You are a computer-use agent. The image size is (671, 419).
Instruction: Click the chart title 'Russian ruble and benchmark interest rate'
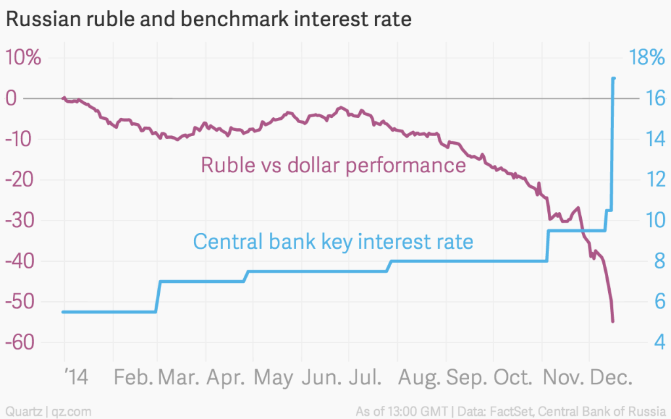pyautogui.click(x=208, y=20)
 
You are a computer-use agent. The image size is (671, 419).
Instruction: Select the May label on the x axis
pyautogui.click(x=274, y=378)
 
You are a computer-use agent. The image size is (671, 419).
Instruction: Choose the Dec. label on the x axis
pyautogui.click(x=612, y=378)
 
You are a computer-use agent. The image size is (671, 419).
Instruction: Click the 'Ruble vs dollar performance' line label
pyautogui.click(x=333, y=164)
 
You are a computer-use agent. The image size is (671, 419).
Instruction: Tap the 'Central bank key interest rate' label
pyautogui.click(x=333, y=242)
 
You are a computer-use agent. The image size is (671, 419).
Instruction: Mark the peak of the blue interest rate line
pyautogui.click(x=613, y=79)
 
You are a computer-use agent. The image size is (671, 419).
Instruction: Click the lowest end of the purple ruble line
pyautogui.click(x=613, y=321)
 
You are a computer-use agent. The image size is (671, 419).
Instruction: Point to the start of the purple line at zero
pyautogui.click(x=64, y=98)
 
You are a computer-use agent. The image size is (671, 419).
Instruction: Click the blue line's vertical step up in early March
pyautogui.click(x=158, y=297)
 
